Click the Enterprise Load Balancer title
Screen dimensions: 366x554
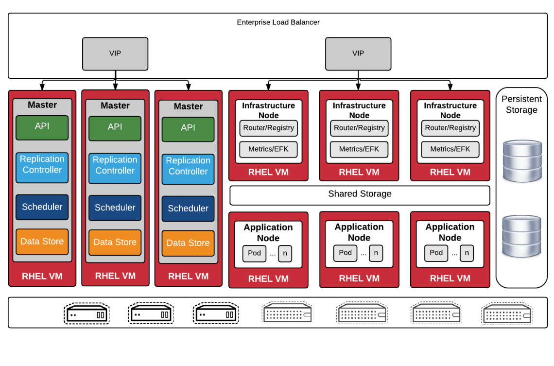[278, 22]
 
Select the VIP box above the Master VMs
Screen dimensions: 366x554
[115, 53]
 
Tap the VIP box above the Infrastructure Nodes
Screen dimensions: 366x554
[358, 53]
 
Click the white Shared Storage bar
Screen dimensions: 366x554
[360, 194]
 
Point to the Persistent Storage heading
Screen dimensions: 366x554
[521, 105]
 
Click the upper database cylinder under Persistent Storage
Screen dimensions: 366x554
[522, 161]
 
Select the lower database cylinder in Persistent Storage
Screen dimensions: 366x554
[522, 236]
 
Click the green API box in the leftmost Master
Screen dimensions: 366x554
[42, 127]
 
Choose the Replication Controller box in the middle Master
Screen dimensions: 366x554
[115, 165]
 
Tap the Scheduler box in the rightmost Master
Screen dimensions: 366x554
[188, 209]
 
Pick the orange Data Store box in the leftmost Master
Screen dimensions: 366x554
[42, 242]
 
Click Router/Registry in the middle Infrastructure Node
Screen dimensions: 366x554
[359, 128]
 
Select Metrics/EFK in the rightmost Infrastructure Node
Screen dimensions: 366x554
[450, 149]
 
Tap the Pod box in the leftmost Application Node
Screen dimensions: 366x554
[254, 253]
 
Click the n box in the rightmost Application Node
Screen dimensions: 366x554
[467, 253]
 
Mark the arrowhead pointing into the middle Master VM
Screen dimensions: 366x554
[115, 87]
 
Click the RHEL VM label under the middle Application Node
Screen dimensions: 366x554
[359, 279]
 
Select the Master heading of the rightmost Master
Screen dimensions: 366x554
[188, 106]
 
